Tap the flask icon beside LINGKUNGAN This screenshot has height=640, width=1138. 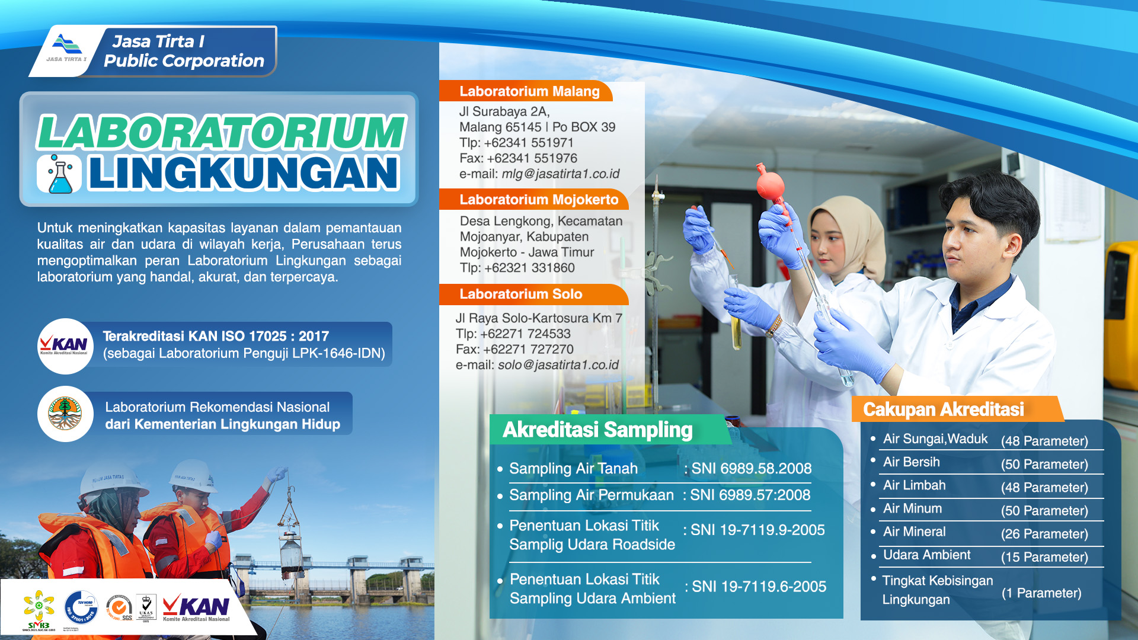(x=59, y=174)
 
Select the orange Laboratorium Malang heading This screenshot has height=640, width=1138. (x=529, y=91)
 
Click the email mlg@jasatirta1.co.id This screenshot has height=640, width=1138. (x=560, y=174)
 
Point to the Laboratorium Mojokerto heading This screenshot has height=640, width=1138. (x=538, y=200)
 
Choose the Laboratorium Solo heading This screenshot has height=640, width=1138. (x=520, y=294)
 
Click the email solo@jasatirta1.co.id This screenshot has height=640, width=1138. (x=558, y=365)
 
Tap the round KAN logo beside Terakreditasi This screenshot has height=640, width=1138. (x=64, y=345)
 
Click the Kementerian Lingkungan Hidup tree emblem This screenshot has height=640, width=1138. (x=65, y=414)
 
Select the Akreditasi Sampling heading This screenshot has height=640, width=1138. (x=597, y=430)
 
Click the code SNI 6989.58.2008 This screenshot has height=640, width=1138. (x=751, y=468)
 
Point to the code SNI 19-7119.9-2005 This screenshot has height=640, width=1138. (x=757, y=530)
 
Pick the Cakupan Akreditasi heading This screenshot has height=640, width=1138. (x=943, y=409)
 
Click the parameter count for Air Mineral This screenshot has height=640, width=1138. (x=1044, y=534)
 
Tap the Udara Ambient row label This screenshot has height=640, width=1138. (x=926, y=555)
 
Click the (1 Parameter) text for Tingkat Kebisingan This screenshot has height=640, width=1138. (x=1041, y=593)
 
